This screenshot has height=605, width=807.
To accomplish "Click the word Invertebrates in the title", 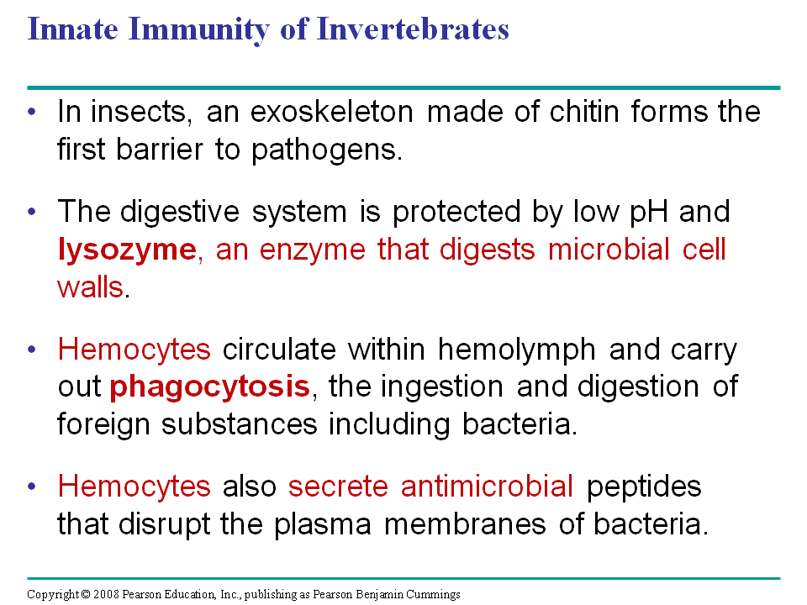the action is coord(413,29).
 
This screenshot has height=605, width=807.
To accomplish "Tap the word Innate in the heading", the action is coord(72,29).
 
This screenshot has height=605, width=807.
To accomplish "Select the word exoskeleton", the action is coord(332,111).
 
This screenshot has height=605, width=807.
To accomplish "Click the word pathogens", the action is coord(327,150).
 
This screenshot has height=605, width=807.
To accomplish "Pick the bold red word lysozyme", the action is coord(127,250).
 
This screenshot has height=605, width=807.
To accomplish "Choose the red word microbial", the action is coord(609,249).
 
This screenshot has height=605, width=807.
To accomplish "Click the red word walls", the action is coord(91,287).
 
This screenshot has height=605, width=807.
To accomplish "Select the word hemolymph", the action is coord(517,350).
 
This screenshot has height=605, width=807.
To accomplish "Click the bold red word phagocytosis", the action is coord(210,387).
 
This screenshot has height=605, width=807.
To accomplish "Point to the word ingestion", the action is coord(441,387).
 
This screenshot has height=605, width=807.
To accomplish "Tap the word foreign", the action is coord(103,425).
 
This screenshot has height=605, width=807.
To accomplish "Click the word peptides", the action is coord(644,487).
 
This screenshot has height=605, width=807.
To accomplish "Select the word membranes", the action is coord(465,524).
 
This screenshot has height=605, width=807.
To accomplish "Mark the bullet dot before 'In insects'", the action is coord(33,112).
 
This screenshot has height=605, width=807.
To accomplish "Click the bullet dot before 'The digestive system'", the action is coord(33,212).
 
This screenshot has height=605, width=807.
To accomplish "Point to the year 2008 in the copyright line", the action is coord(106,594).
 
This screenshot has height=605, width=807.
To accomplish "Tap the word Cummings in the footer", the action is coord(433,595).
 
